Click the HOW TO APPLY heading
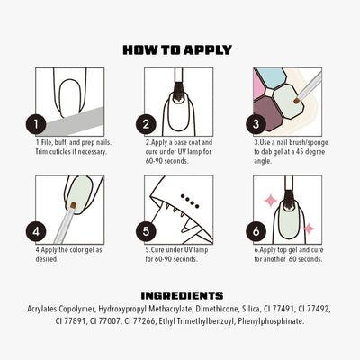coord(177,49)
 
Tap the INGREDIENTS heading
coord(182,294)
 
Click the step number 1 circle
coord(35,123)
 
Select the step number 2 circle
coord(146,123)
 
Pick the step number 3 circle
coord(258,123)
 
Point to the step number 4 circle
coord(35,230)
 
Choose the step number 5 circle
coord(146,230)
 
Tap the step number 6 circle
coord(258,230)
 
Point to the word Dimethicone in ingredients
coord(212,308)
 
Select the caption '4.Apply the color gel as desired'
coord(67,255)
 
